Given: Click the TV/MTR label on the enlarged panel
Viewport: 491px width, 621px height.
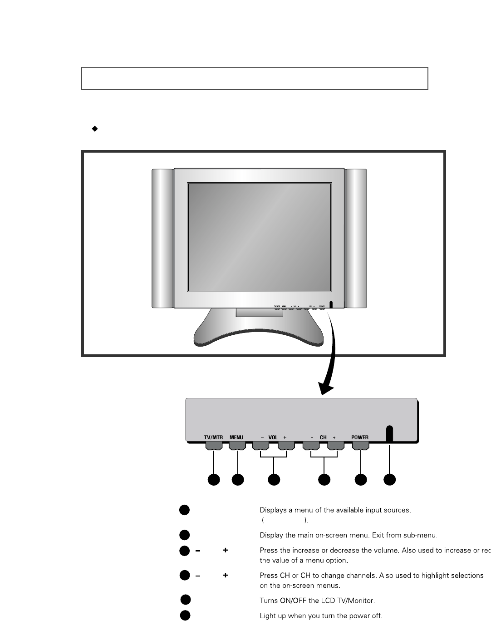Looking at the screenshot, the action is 213,437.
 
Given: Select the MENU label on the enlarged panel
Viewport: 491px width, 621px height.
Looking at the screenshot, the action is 236,437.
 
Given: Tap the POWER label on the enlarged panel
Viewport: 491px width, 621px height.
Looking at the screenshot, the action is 360,437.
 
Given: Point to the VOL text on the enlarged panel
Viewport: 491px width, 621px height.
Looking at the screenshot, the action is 273,437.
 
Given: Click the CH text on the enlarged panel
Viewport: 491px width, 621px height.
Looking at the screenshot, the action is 323,437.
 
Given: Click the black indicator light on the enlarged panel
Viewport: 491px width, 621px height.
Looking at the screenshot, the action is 390,433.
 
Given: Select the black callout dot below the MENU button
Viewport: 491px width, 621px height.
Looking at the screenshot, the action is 238,479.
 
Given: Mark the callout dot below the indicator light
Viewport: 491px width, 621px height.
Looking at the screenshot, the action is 390,479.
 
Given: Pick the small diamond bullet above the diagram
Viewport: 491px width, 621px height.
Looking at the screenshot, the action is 95,129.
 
